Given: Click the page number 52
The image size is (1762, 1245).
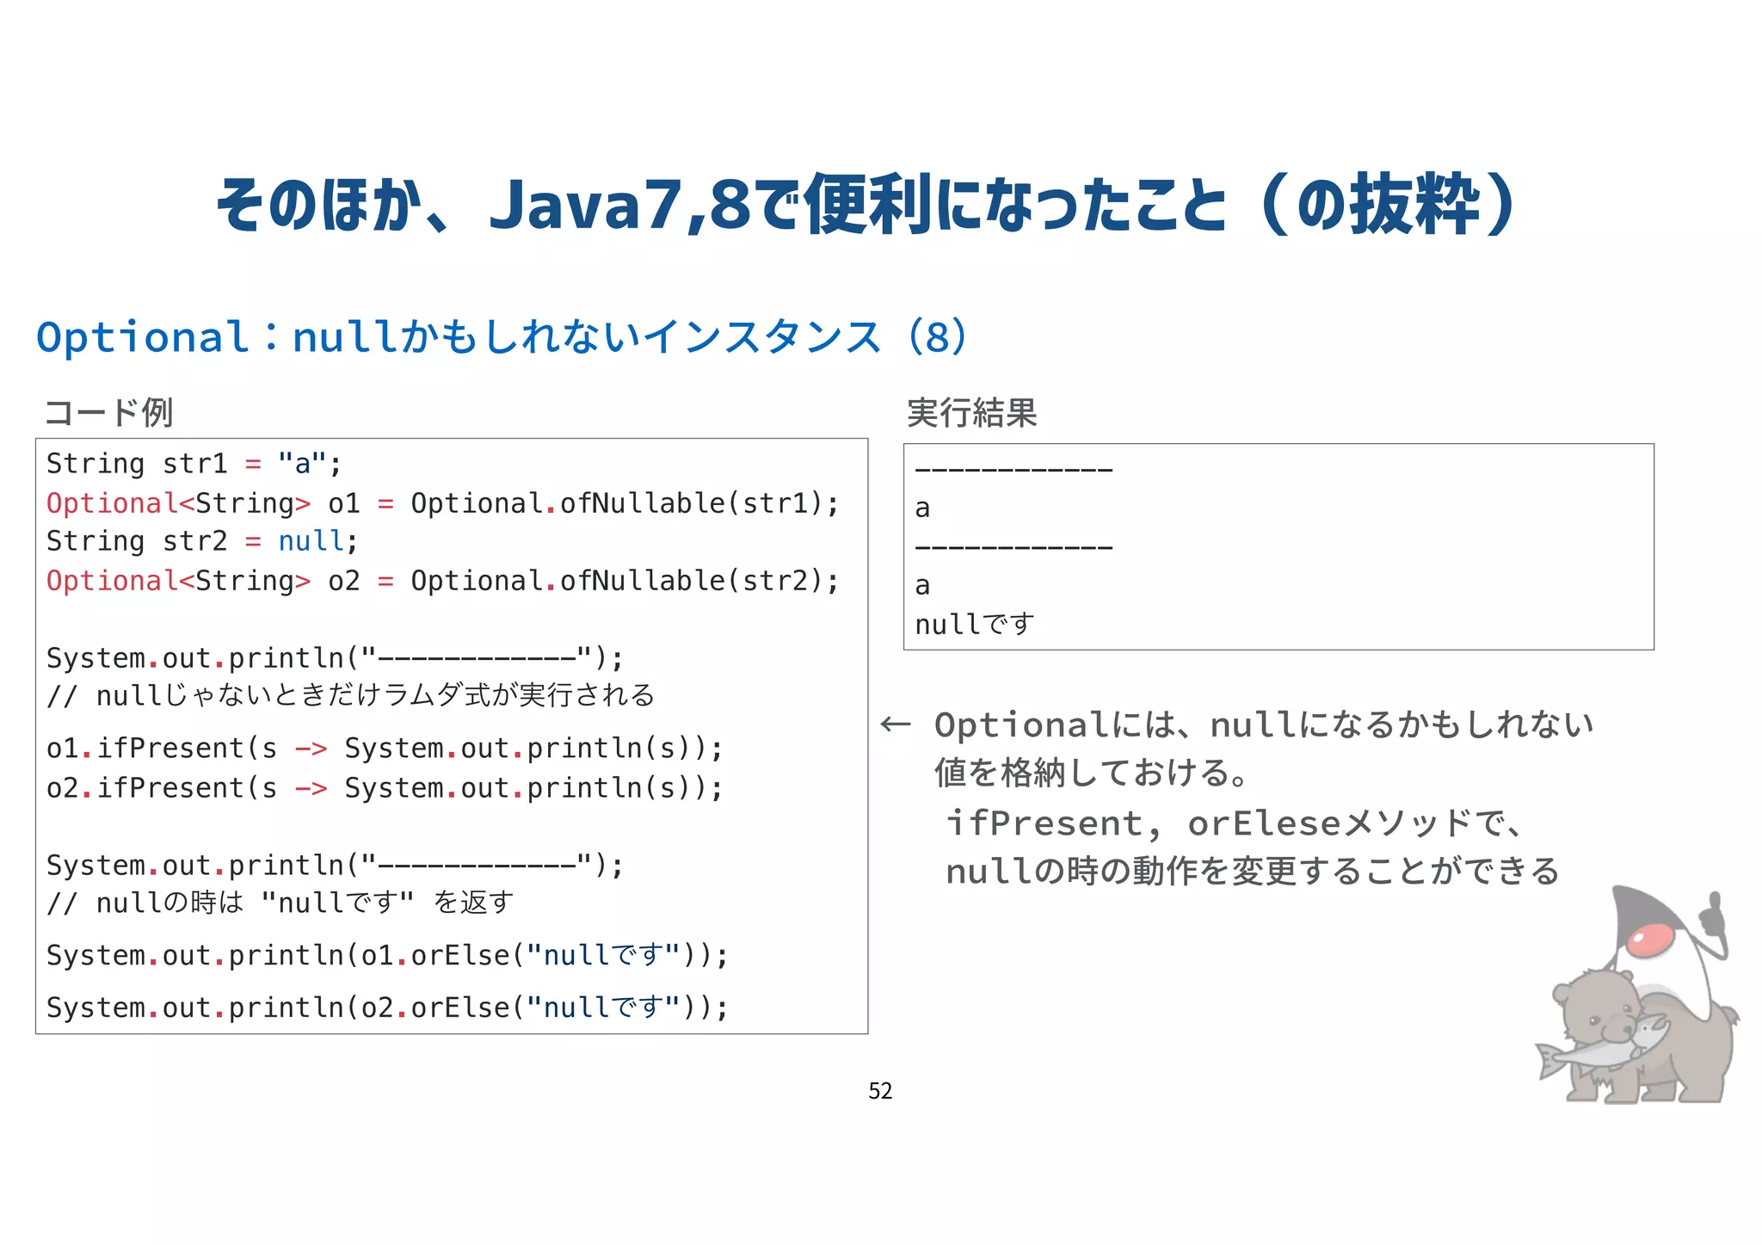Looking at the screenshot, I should coord(880,1091).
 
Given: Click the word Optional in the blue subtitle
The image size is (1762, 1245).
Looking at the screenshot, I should coord(142,337).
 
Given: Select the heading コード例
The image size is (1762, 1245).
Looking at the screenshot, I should coord(109,413).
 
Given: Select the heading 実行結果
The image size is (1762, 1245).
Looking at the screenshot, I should coord(971,413).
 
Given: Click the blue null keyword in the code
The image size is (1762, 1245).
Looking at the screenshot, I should coord(310,541).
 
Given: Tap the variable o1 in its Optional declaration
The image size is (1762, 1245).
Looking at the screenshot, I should coord(343,503).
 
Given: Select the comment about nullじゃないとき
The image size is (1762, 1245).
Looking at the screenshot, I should coord(351,695).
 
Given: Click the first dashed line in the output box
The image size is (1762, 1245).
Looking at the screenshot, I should coord(1013,470).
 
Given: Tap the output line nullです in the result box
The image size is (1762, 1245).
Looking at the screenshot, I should coord(974,625).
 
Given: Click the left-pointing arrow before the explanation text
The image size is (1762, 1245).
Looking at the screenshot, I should coord(896,724).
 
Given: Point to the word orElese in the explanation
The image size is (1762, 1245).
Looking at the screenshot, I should coord(1263,824).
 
